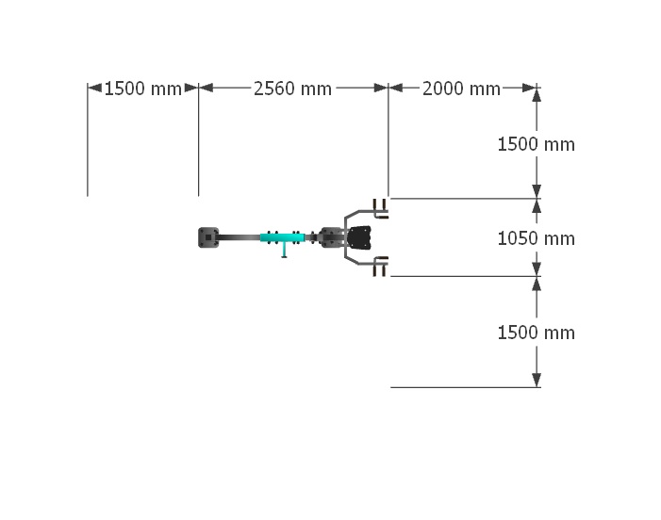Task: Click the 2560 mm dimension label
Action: [x=292, y=89]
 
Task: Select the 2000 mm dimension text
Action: [x=461, y=89]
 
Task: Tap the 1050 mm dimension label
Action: [x=537, y=238]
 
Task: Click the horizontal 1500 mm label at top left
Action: [x=143, y=89]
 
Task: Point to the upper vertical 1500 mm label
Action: [x=537, y=144]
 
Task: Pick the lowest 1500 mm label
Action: [x=537, y=333]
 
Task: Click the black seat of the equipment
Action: [x=359, y=237]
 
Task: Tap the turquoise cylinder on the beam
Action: [x=282, y=237]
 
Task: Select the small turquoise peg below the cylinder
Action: [x=284, y=250]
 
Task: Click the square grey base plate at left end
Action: [x=208, y=237]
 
